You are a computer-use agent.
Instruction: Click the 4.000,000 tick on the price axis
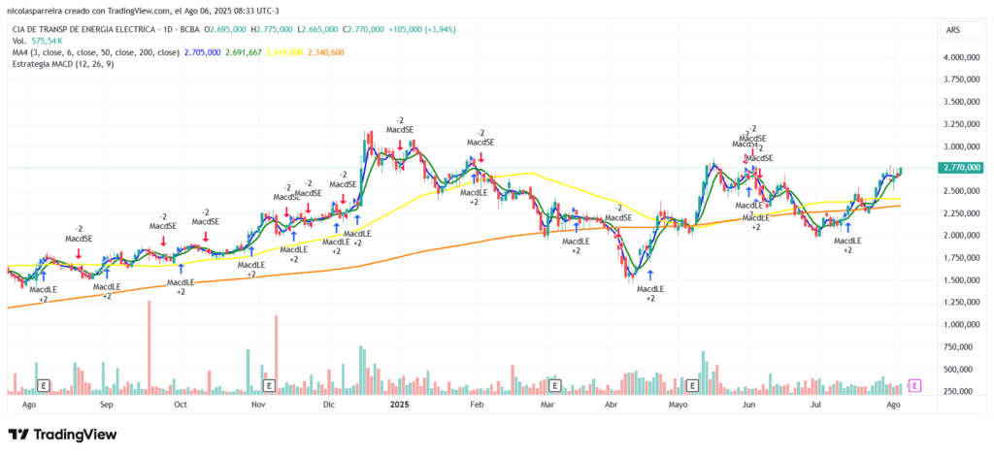tap(961, 57)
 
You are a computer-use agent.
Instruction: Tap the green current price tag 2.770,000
tap(961, 167)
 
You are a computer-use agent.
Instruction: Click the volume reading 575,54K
tap(46, 42)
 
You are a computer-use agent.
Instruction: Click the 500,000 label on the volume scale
tap(961, 369)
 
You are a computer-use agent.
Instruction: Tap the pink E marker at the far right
tap(915, 386)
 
